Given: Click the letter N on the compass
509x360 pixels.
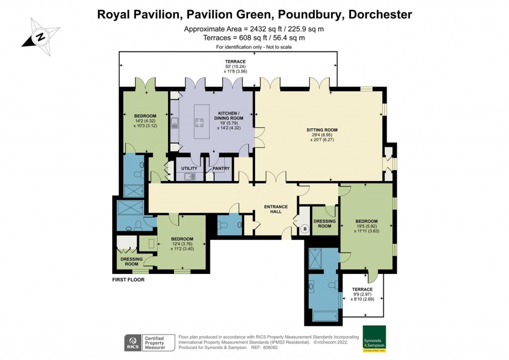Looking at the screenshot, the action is click(41, 36).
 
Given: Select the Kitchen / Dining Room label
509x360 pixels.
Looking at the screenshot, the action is click(229, 116).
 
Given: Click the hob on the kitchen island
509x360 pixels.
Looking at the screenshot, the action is click(199, 123).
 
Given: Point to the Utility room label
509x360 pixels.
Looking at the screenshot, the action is click(189, 169).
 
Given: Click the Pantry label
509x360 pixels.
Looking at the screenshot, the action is click(221, 169).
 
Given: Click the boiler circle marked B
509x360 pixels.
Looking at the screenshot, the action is click(305, 229).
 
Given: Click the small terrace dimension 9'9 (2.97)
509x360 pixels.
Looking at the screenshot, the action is click(362, 294).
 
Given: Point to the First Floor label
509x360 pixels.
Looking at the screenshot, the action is click(128, 279).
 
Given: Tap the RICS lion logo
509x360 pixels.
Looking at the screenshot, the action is click(133, 343).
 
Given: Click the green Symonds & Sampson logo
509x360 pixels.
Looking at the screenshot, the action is click(374, 339).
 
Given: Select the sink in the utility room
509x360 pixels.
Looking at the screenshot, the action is click(189, 177).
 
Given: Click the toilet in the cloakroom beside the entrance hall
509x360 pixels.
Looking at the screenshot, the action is click(225, 225).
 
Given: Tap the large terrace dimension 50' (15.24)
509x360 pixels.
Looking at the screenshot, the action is click(235, 67).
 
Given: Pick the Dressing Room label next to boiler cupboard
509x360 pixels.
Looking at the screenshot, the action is click(325, 224).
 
